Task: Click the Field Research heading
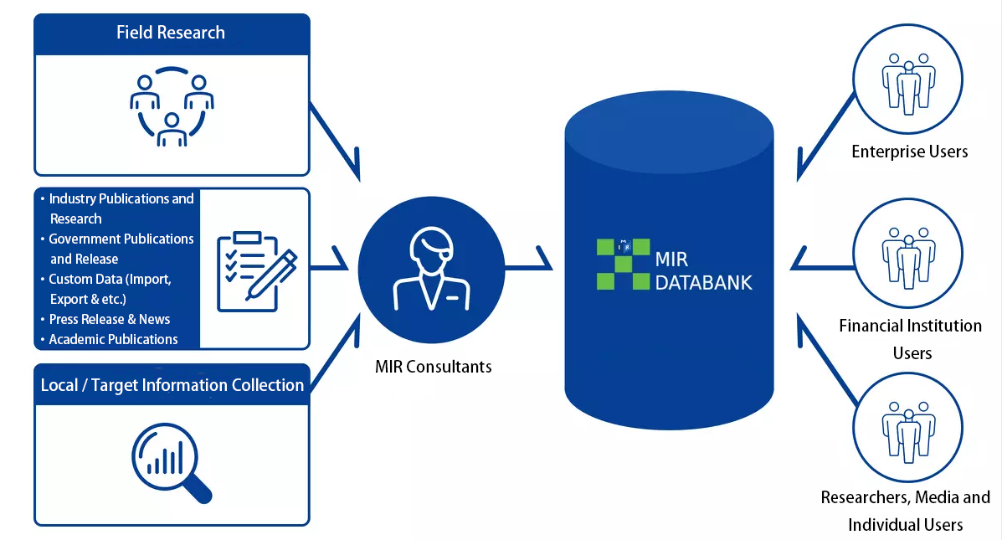[x=171, y=33]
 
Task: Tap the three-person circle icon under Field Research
[x=172, y=106]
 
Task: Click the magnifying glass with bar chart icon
[x=172, y=463]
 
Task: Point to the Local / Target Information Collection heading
[x=172, y=385]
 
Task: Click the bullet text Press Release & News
[x=110, y=319]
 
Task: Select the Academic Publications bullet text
[x=113, y=339]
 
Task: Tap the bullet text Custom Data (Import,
[x=110, y=280]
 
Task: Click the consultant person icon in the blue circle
[x=431, y=269]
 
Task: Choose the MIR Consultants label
[x=434, y=367]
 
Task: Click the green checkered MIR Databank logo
[x=623, y=264]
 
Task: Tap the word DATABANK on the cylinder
[x=703, y=282]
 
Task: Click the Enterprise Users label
[x=909, y=152]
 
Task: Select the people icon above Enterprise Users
[x=908, y=83]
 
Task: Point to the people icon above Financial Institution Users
[x=908, y=258]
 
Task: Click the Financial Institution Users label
[x=911, y=339]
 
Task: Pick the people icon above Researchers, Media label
[x=908, y=432]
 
